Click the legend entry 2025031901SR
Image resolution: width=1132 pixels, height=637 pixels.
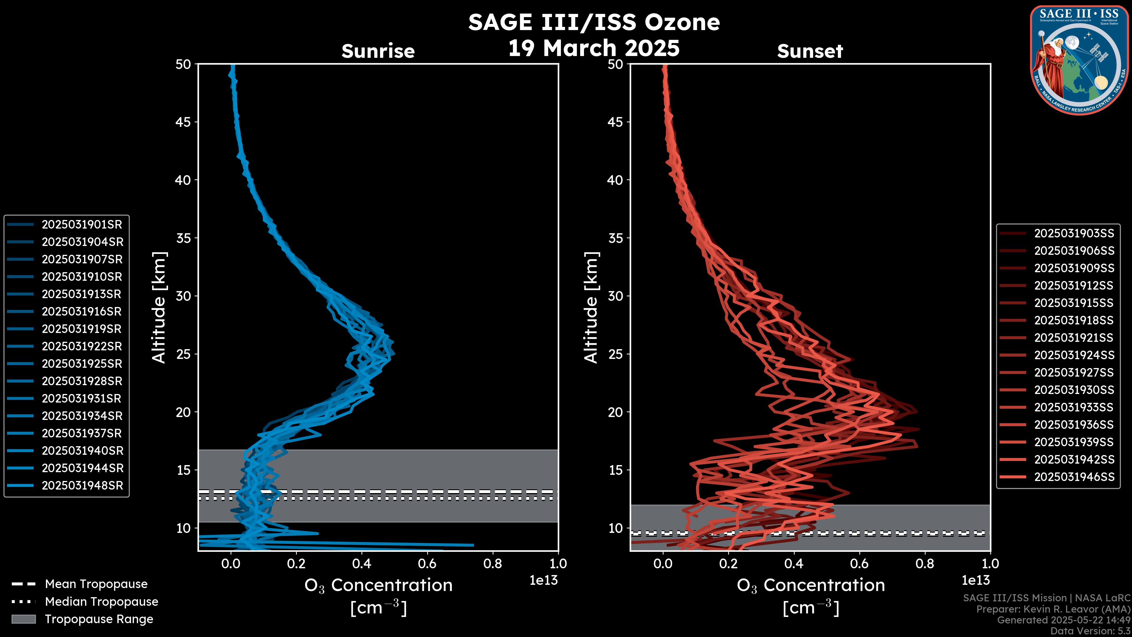[x=82, y=225]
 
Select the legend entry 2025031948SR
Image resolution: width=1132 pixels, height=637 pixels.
[x=82, y=486]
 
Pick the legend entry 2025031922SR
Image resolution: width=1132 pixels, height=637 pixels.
[x=82, y=347]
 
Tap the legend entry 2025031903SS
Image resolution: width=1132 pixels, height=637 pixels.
[x=1074, y=234]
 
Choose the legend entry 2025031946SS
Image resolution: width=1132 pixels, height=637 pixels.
[x=1074, y=477]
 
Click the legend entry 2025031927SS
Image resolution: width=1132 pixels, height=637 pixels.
[x=1074, y=373]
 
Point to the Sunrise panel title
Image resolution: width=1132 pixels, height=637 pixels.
[x=378, y=51]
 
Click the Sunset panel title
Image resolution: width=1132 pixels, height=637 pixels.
[x=810, y=51]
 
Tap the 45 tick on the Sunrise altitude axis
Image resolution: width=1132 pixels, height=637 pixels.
[x=183, y=122]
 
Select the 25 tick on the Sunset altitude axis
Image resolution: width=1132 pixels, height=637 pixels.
[x=616, y=354]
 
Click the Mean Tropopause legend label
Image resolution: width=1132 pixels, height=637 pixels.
[x=96, y=584]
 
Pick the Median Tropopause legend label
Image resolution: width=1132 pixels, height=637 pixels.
[x=101, y=602]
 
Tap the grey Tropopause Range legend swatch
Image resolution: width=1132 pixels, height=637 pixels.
[x=23, y=619]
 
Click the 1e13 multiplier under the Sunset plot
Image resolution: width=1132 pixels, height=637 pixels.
[x=975, y=581]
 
